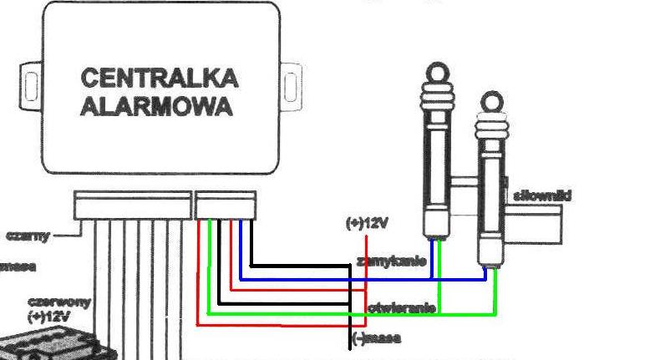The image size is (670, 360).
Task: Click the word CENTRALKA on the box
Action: click(x=159, y=79)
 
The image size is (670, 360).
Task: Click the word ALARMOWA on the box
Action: click(x=156, y=108)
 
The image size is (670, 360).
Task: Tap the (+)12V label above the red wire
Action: click(x=367, y=223)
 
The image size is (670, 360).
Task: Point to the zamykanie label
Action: click(x=391, y=261)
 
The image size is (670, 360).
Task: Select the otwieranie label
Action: click(x=401, y=308)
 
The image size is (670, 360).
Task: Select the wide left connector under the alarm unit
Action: click(x=132, y=205)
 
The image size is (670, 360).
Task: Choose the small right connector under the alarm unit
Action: click(x=226, y=205)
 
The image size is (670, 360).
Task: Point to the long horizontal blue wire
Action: click(x=359, y=279)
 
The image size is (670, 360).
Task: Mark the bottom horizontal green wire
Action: click(x=351, y=315)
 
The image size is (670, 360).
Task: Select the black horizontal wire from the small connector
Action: click(x=301, y=266)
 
